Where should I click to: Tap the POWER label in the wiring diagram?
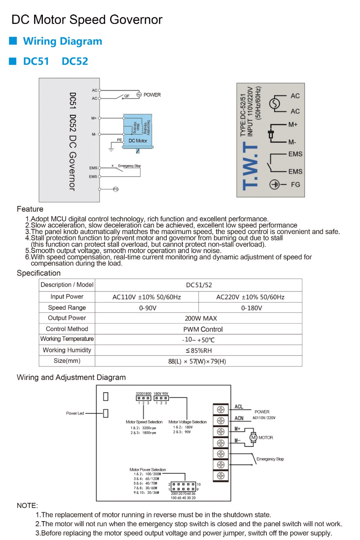152,95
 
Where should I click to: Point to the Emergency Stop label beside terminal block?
270,459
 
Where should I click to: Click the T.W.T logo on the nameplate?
251,166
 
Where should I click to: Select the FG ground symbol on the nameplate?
275,185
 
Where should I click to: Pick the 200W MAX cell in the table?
201,318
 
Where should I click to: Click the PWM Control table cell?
203,329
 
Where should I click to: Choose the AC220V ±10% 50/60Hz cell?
250,297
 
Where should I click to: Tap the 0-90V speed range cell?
148,308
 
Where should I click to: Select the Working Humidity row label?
67,350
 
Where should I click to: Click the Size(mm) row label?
67,361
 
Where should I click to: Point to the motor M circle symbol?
253,438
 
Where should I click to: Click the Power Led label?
75,413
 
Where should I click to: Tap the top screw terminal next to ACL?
221,410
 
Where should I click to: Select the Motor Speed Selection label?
144,422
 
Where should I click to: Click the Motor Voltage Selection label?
187,422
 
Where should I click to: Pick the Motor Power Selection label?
148,469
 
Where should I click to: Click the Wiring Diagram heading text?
62,41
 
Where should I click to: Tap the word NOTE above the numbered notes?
27,506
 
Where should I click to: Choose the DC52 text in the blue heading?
75,61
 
